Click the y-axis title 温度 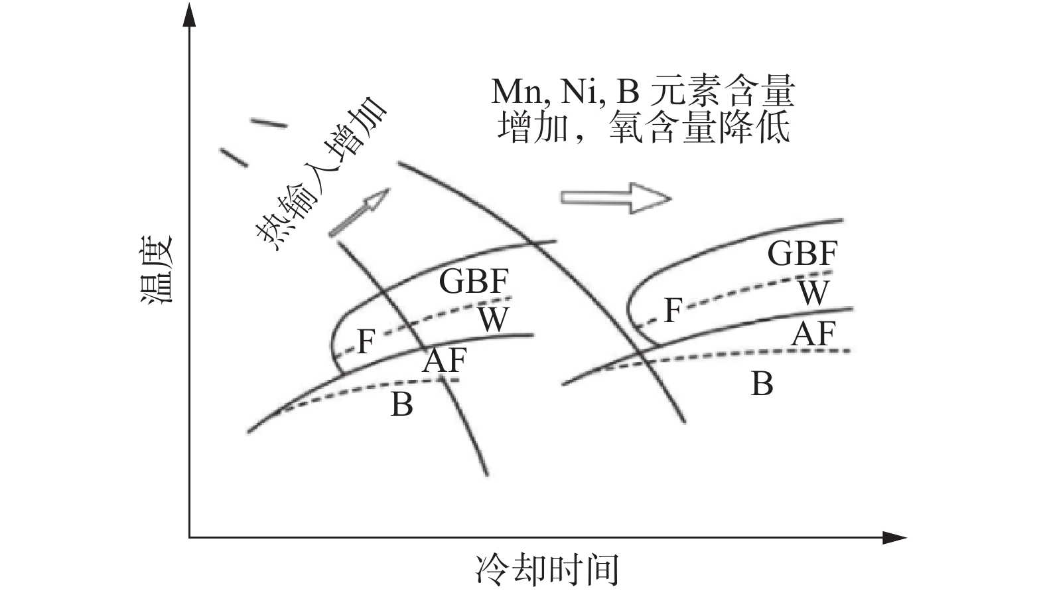point(157,270)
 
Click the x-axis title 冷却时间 point(547,569)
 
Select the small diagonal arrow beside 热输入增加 point(359,212)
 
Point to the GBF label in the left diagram point(474,281)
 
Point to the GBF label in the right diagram point(802,253)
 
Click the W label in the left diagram point(494,319)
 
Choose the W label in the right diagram point(813,292)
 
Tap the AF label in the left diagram point(445,361)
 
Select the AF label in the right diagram point(813,333)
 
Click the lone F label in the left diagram point(366,342)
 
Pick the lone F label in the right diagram point(673,310)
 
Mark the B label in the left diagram point(402,404)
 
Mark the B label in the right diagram point(762,384)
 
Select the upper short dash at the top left point(269,123)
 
